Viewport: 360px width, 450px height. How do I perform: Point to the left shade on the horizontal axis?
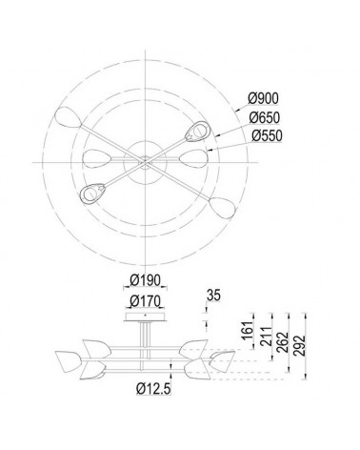coord(92,157)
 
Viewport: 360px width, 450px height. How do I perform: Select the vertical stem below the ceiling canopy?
coord(144,338)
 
